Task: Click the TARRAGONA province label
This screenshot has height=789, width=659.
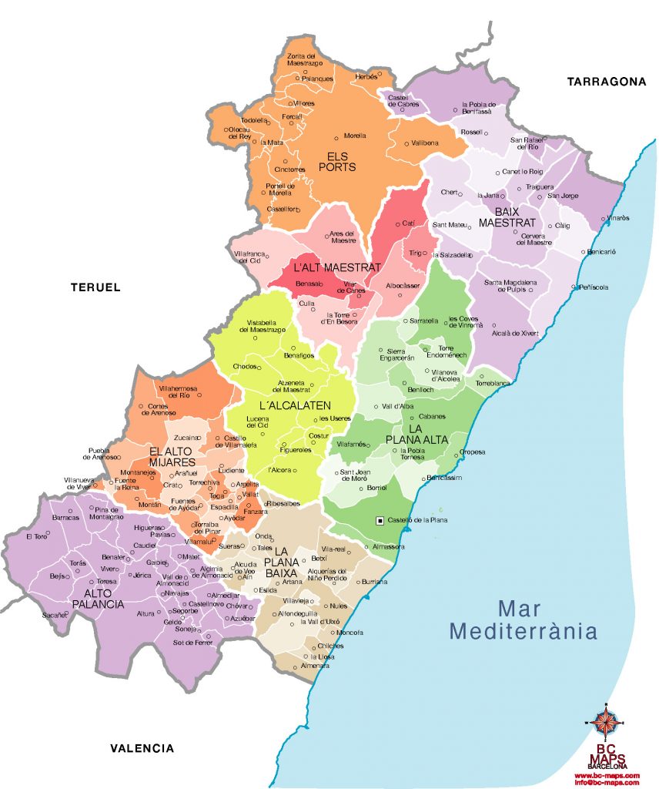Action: [606, 82]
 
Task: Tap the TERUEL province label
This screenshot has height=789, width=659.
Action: [95, 287]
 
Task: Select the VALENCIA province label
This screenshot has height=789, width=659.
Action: [142, 748]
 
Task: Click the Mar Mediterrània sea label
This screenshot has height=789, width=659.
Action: [524, 619]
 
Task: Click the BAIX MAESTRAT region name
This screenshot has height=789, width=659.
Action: [505, 217]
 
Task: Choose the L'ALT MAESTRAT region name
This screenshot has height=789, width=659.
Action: [336, 267]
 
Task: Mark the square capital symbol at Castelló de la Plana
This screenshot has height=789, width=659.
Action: [380, 521]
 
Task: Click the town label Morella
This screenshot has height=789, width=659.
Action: [355, 135]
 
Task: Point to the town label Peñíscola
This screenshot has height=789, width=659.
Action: [594, 287]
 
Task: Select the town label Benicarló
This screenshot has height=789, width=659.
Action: [601, 252]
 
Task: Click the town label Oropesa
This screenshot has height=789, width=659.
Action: [473, 452]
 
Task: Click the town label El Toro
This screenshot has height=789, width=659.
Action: [35, 536]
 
